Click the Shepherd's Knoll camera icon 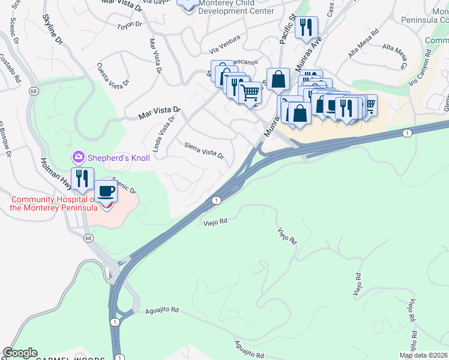click(79, 157)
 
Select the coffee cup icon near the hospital click(106, 191)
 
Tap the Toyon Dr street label click(129, 25)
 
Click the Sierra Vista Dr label click(204, 150)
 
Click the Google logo click(20, 353)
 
